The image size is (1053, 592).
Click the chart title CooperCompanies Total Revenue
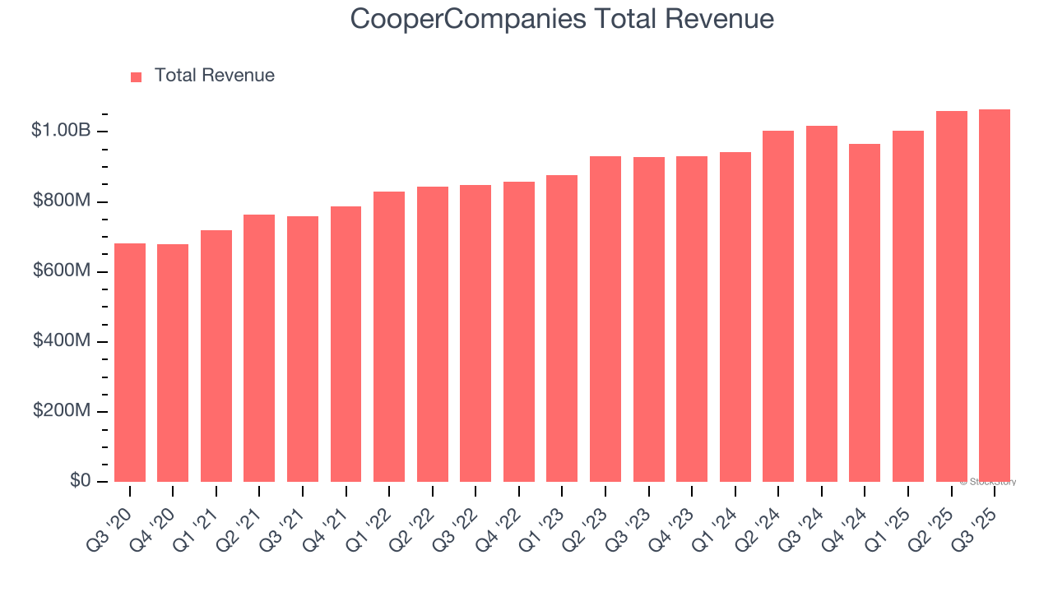tap(562, 18)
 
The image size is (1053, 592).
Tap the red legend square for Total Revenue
tap(137, 76)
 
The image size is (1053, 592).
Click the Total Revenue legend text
tap(214, 76)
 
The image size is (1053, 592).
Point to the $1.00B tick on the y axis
tap(61, 131)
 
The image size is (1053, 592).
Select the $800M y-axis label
tap(62, 201)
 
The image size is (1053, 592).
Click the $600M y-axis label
tap(62, 271)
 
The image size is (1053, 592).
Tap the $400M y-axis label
tap(62, 340)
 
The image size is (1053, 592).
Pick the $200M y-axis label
tap(62, 410)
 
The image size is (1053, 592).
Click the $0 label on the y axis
tap(79, 480)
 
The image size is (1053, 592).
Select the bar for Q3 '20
tap(130, 363)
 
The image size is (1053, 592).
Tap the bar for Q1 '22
tap(389, 336)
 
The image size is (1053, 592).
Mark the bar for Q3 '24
tap(822, 303)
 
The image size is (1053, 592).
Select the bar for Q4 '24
tap(865, 312)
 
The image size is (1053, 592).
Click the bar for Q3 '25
tap(995, 295)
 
